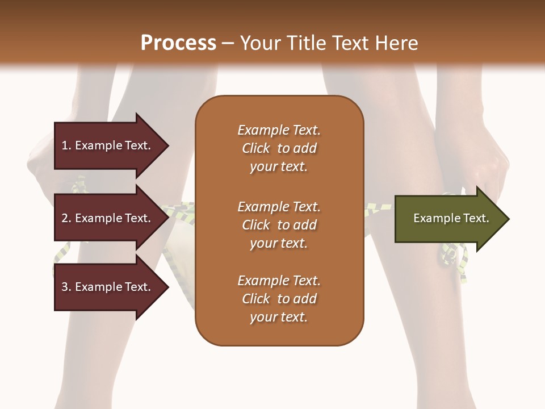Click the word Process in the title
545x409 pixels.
[178, 43]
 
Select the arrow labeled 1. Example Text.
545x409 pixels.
[108, 145]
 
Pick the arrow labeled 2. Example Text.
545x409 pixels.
[108, 218]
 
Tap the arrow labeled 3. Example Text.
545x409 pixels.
[108, 287]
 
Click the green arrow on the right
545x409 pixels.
[448, 219]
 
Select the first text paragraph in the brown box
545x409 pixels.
[279, 148]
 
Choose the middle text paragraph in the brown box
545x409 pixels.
[279, 225]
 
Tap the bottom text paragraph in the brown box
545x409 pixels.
[279, 299]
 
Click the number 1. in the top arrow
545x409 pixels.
[66, 145]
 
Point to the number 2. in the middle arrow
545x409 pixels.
[66, 218]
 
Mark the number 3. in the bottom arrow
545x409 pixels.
[66, 287]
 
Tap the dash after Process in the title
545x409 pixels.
[228, 43]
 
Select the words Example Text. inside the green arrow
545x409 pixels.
[451, 218]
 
